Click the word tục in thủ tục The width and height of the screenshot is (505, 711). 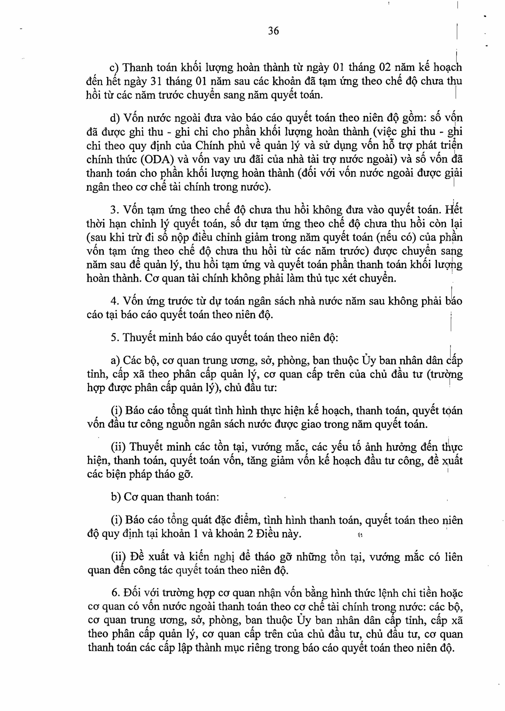click(345, 278)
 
